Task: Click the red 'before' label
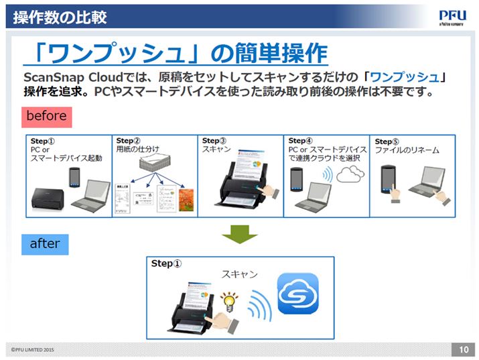(x=46, y=116)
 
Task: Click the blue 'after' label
(x=45, y=243)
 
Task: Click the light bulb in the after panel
(x=230, y=301)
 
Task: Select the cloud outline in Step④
(x=350, y=176)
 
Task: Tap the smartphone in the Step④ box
(x=297, y=181)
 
